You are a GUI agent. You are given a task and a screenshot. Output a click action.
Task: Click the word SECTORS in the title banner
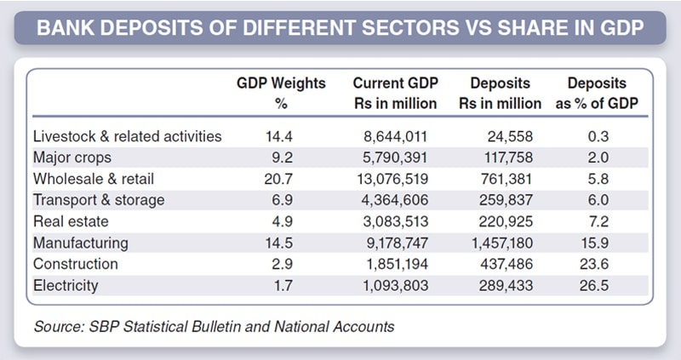[409, 28]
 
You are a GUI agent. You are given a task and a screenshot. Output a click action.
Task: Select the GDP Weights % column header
[281, 93]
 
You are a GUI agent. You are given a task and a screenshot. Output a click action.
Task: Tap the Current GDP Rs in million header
[395, 93]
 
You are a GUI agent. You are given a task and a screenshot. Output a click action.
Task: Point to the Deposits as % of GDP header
[597, 93]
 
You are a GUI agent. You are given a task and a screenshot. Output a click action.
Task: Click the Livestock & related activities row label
[127, 136]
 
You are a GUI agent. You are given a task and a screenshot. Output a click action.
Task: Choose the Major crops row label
[72, 157]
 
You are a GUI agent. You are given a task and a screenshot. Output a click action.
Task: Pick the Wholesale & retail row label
[94, 179]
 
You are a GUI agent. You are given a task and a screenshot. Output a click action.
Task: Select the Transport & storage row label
[99, 200]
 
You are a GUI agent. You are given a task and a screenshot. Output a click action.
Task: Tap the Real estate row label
[71, 221]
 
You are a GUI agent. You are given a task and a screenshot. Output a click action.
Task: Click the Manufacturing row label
[81, 243]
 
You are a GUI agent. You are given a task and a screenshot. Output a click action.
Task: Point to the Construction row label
[76, 264]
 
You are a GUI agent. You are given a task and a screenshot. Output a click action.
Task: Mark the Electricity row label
[66, 285]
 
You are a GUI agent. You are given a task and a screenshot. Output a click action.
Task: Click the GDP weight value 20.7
[278, 179]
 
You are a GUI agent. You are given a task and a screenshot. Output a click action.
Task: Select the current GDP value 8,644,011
[395, 136]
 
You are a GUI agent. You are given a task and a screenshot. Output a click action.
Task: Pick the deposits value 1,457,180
[502, 243]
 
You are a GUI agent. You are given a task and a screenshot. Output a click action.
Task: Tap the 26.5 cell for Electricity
[594, 285]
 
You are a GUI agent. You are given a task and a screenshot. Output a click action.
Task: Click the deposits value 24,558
[510, 136]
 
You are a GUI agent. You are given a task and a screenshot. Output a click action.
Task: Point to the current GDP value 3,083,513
[395, 221]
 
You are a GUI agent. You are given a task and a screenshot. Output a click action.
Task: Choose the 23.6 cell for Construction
[594, 264]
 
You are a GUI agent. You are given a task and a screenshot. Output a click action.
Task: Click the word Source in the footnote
[59, 327]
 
